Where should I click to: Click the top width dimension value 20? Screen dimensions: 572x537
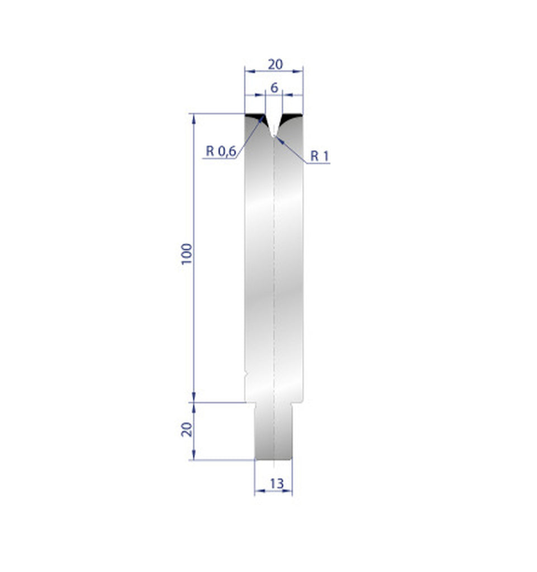coord(274,64)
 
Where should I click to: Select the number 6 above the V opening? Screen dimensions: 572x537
coord(274,88)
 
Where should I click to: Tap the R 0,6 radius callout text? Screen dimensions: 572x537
coord(220,151)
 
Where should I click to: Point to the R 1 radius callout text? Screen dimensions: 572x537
coord(319,156)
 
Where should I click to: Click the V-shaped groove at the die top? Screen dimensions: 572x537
coord(273,126)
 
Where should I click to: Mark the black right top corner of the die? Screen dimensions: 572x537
coord(293,117)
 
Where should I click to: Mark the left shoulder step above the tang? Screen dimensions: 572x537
coord(250,402)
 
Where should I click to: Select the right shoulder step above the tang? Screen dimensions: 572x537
coord(297,402)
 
